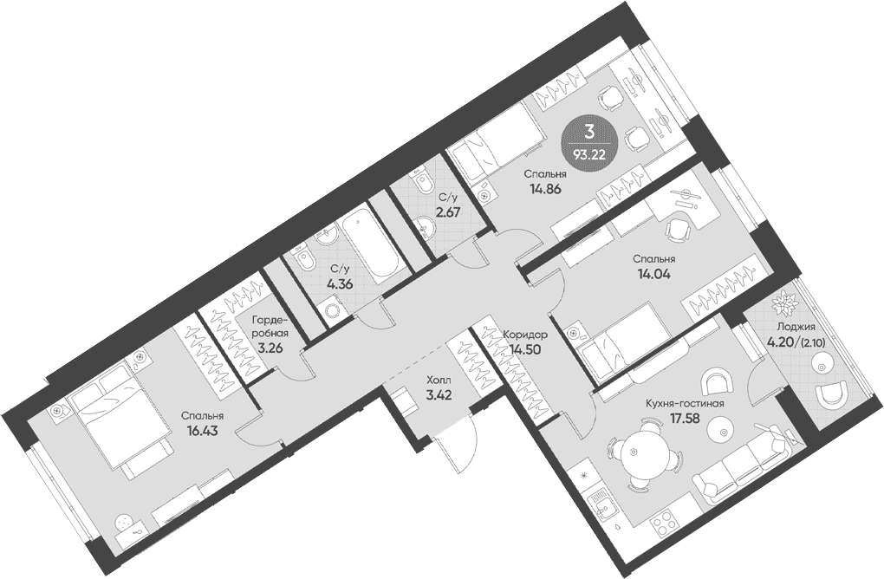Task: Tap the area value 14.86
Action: coord(544,188)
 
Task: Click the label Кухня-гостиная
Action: coord(685,404)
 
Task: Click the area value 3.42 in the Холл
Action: coord(438,394)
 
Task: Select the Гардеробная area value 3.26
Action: coord(270,348)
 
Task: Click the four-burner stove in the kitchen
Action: coord(667,526)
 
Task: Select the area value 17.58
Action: coord(685,418)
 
